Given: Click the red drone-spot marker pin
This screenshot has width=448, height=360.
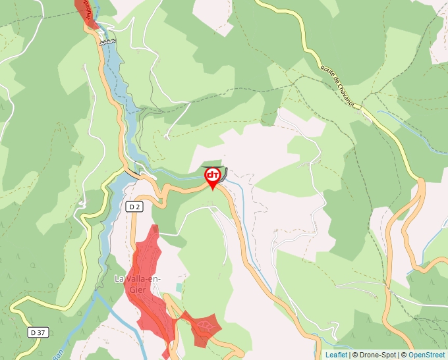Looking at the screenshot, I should coord(213,176).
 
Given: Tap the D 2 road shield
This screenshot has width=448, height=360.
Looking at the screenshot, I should coord(134,207).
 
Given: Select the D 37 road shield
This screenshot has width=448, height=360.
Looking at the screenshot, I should coord(38,333).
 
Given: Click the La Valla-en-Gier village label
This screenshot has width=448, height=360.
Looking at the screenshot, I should coord(138,283).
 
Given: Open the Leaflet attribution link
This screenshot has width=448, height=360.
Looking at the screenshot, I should coord(336,355).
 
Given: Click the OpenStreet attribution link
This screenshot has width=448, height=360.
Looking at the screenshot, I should coord(428,355).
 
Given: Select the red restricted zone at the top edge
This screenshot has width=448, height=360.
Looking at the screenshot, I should coord(85,12).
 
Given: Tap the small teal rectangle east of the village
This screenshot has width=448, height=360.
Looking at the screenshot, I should coord(178,286).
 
